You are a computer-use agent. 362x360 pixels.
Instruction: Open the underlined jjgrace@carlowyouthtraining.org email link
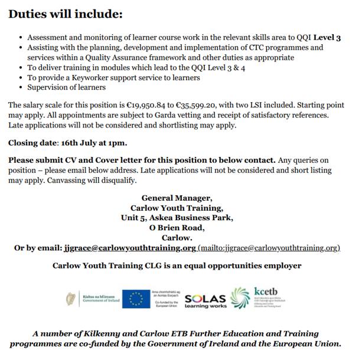128,248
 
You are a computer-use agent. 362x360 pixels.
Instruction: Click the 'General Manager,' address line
177,198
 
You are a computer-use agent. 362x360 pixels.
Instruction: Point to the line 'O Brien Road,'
177,228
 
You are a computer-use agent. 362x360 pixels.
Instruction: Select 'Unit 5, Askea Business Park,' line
177,218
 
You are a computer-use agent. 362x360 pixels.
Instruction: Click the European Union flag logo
135,299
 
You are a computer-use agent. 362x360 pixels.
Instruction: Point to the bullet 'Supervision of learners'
66,88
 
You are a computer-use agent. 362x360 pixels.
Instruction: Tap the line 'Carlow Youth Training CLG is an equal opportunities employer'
177,266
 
